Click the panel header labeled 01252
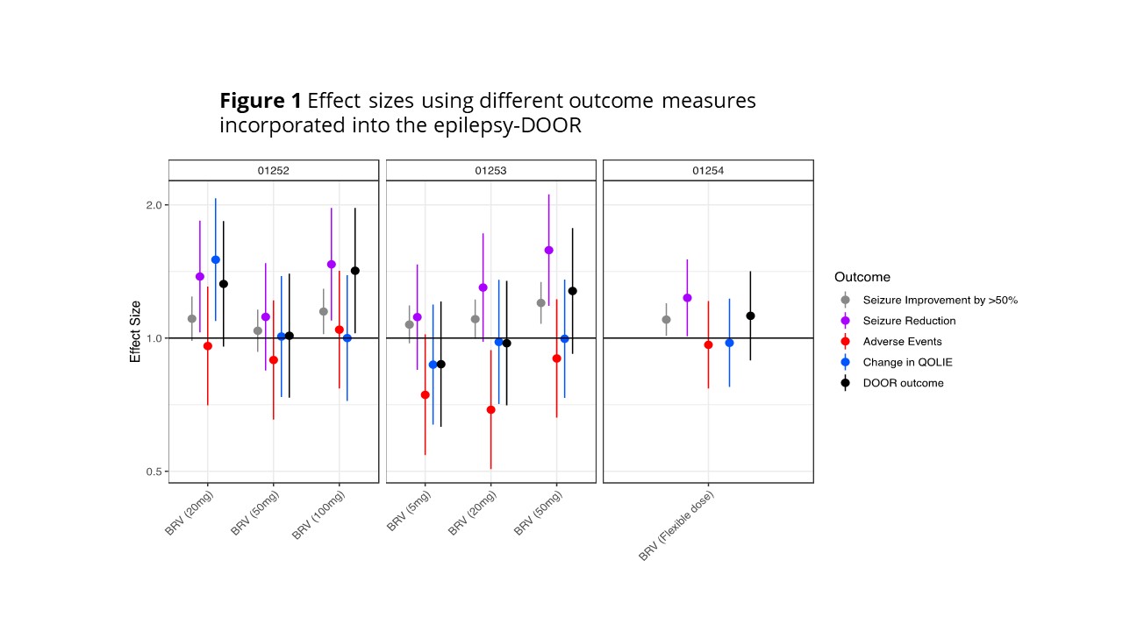274,171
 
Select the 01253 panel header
490,171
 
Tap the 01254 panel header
708,171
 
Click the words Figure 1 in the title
261,101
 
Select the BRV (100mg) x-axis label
320,517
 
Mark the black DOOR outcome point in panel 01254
750,315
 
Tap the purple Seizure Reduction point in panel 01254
687,298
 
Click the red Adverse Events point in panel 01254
708,344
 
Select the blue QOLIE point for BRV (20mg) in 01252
215,259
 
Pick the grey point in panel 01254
666,319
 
